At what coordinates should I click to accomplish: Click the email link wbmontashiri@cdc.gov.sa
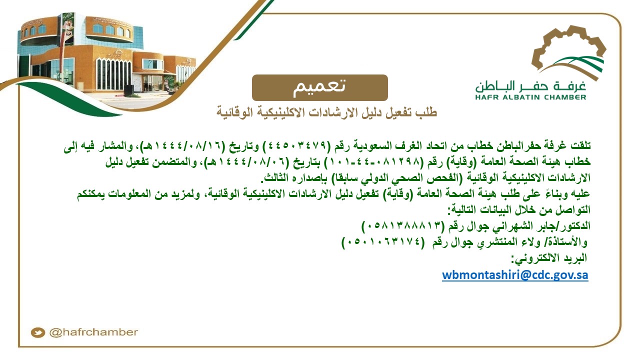coord(515,275)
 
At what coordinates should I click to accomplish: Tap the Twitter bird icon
coord(37,332)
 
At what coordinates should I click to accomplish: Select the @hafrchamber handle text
coord(93,332)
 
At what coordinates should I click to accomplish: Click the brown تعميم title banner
coord(319,87)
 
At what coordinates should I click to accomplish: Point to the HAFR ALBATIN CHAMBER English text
coord(530,97)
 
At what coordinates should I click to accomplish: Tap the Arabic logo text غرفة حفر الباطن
coord(530,86)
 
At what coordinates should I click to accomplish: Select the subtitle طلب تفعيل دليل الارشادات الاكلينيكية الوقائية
coord(326,112)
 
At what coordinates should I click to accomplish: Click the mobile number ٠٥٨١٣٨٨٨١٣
coord(403,226)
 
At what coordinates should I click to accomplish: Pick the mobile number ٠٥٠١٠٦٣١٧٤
coord(383,242)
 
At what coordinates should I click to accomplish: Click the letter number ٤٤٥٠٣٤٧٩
coord(297,145)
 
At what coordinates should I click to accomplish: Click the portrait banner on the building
coord(68,28)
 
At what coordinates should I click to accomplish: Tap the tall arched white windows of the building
coord(113,74)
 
